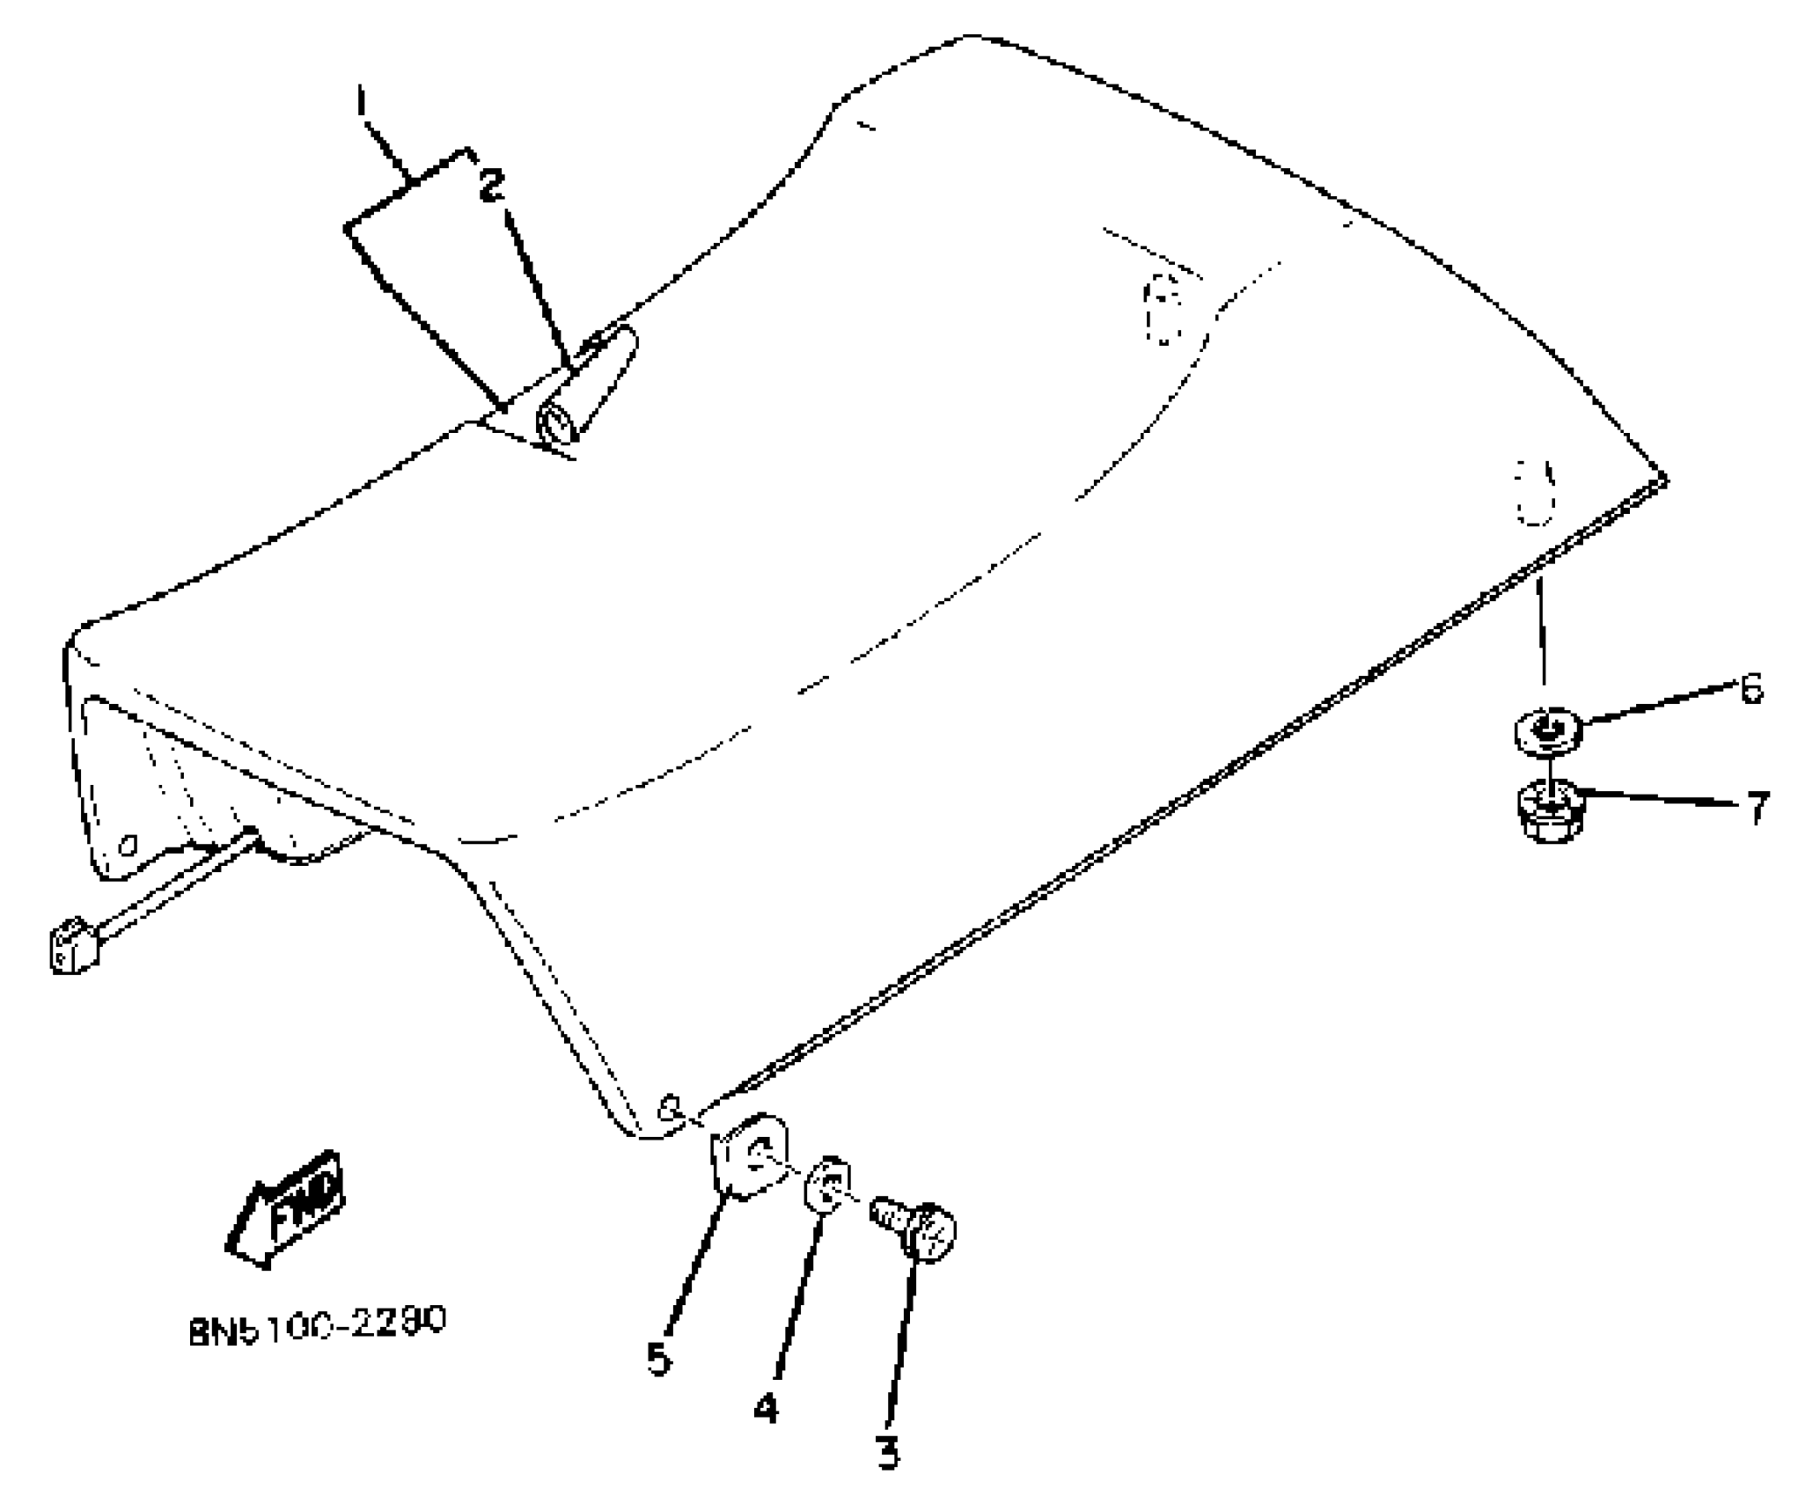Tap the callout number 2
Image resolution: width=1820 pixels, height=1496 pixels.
(492, 185)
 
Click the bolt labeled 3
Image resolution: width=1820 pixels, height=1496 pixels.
(916, 1225)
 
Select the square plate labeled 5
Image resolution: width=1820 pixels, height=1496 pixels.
(749, 1156)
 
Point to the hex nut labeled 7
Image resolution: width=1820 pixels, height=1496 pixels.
(1548, 813)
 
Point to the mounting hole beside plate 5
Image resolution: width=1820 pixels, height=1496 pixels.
(671, 1107)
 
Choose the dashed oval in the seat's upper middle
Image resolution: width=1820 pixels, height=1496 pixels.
(1163, 309)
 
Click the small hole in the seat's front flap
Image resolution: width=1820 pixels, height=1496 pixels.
(128, 846)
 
